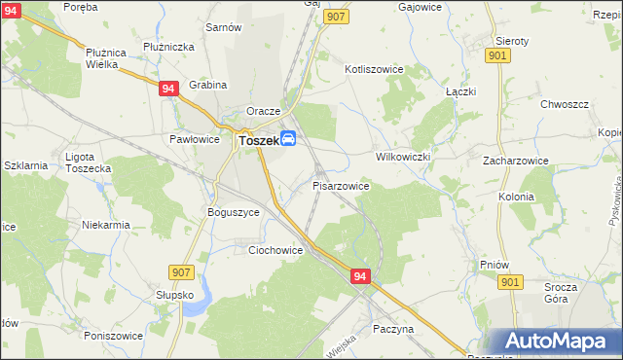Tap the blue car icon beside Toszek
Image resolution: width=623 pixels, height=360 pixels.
click(x=289, y=139)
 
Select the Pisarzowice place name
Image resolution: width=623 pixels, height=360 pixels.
click(x=341, y=185)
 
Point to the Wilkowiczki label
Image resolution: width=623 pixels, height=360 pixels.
click(x=403, y=156)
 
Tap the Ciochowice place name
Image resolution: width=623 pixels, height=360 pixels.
click(x=275, y=250)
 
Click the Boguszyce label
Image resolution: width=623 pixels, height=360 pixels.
click(x=234, y=211)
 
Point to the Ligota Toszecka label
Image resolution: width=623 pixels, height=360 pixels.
click(x=88, y=162)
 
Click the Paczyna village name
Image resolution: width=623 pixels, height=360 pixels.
click(x=393, y=329)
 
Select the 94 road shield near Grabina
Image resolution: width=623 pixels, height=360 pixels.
click(x=169, y=89)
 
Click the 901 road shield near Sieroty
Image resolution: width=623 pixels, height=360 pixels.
click(x=498, y=56)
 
